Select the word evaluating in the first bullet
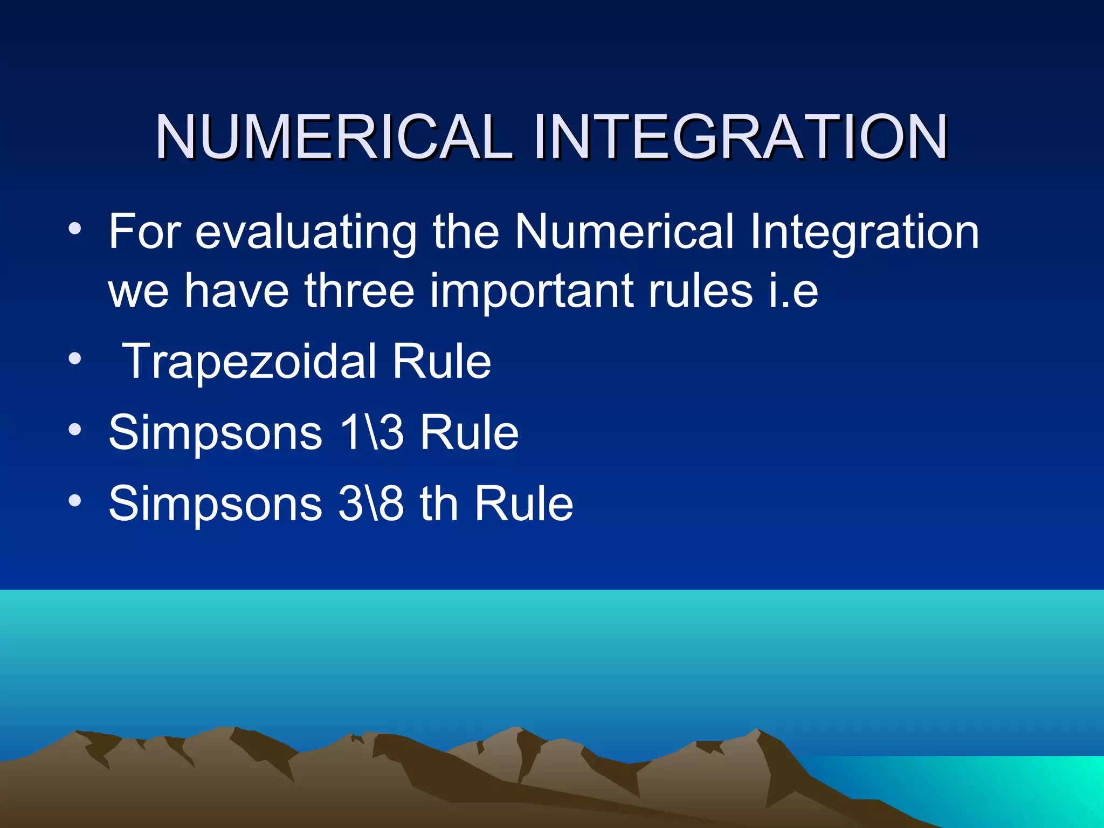(306, 232)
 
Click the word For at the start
(144, 232)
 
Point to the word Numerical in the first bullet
(624, 232)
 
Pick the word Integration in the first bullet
(864, 232)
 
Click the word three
(359, 291)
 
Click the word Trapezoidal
(250, 362)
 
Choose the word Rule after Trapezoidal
(441, 362)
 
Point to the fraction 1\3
(371, 432)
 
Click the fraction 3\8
(371, 503)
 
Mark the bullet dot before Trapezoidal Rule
(75, 358)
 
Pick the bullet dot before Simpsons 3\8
(75, 501)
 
